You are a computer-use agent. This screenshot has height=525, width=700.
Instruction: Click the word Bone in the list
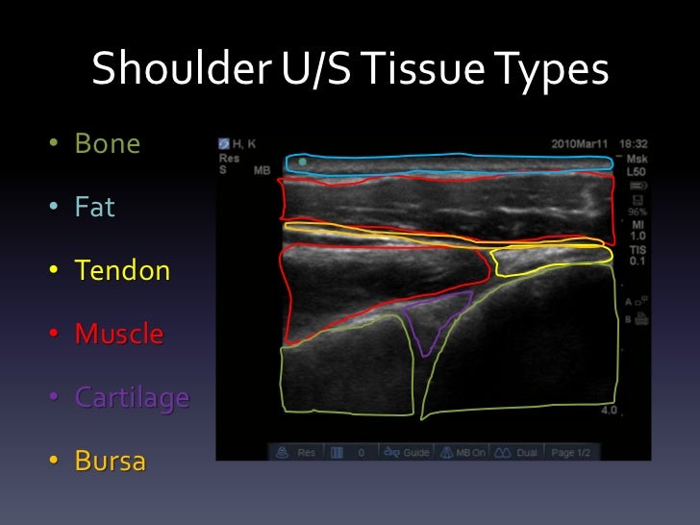pyautogui.click(x=108, y=144)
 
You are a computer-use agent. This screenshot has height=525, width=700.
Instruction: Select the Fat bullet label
pyautogui.click(x=95, y=207)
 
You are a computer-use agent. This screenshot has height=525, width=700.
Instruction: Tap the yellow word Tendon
pyautogui.click(x=122, y=271)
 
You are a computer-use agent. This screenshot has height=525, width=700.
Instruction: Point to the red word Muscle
pyautogui.click(x=119, y=335)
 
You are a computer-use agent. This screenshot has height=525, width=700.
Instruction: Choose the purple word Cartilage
pyautogui.click(x=132, y=398)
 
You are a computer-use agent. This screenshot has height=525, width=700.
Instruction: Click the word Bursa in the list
pyautogui.click(x=111, y=462)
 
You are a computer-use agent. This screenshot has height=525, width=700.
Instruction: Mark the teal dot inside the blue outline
pyautogui.click(x=303, y=162)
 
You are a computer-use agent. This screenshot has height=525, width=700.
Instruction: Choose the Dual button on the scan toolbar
pyautogui.click(x=519, y=452)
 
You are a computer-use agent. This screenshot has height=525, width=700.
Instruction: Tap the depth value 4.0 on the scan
pyautogui.click(x=609, y=411)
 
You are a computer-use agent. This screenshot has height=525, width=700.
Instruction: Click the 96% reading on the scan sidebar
pyautogui.click(x=635, y=211)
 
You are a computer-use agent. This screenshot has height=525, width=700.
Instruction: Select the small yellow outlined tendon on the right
pyautogui.click(x=548, y=261)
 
